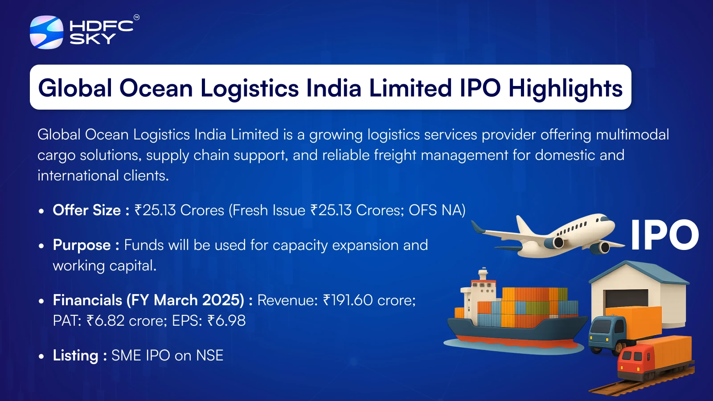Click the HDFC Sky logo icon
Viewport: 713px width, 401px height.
tap(46, 32)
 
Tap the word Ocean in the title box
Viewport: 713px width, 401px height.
tap(156, 88)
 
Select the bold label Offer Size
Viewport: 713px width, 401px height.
tap(86, 210)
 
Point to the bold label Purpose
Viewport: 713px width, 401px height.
tap(82, 246)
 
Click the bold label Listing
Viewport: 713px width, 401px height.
tap(75, 356)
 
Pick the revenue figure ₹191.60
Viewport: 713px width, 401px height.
tap(348, 300)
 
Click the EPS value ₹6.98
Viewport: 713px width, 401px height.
tap(226, 320)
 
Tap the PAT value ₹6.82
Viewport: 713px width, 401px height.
tap(105, 320)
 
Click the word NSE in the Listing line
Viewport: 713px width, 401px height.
tap(210, 356)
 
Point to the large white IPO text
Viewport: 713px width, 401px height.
tap(664, 235)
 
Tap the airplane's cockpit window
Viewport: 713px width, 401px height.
tap(604, 219)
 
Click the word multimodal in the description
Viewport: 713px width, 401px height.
tap(632, 134)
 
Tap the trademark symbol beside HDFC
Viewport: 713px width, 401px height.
tap(136, 17)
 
